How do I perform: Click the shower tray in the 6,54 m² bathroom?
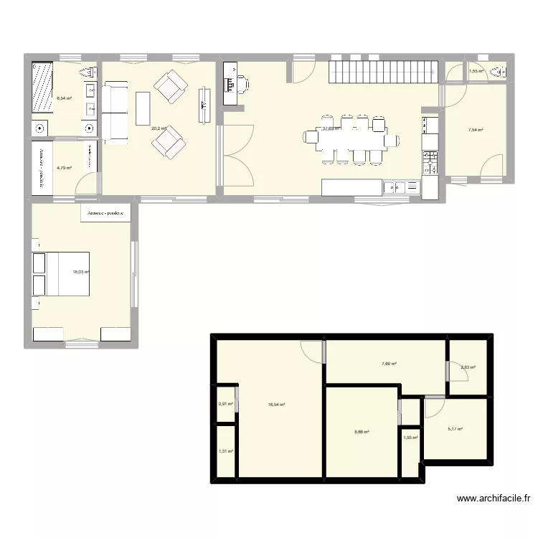click(x=43, y=88)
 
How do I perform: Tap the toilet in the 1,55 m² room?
click(x=503, y=72)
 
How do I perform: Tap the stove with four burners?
click(x=430, y=163)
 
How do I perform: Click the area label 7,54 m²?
click(x=475, y=130)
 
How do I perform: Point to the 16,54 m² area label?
click(x=277, y=405)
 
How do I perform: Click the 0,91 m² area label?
click(x=225, y=403)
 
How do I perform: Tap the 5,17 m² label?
click(x=455, y=430)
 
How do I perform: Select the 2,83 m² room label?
click(x=468, y=368)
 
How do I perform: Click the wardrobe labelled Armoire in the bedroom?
click(x=105, y=213)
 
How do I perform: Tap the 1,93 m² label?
click(x=410, y=438)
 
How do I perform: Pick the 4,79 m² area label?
click(x=65, y=168)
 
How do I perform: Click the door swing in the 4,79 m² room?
click(x=87, y=184)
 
